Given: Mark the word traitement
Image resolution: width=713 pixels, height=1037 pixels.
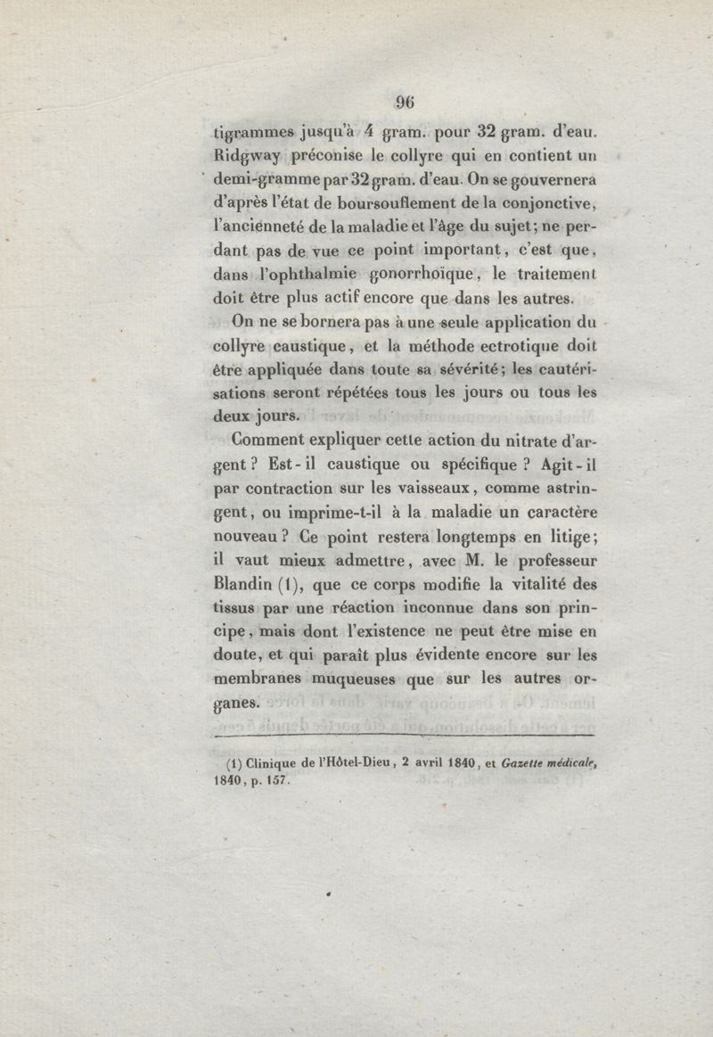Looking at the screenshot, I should click(556, 276).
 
